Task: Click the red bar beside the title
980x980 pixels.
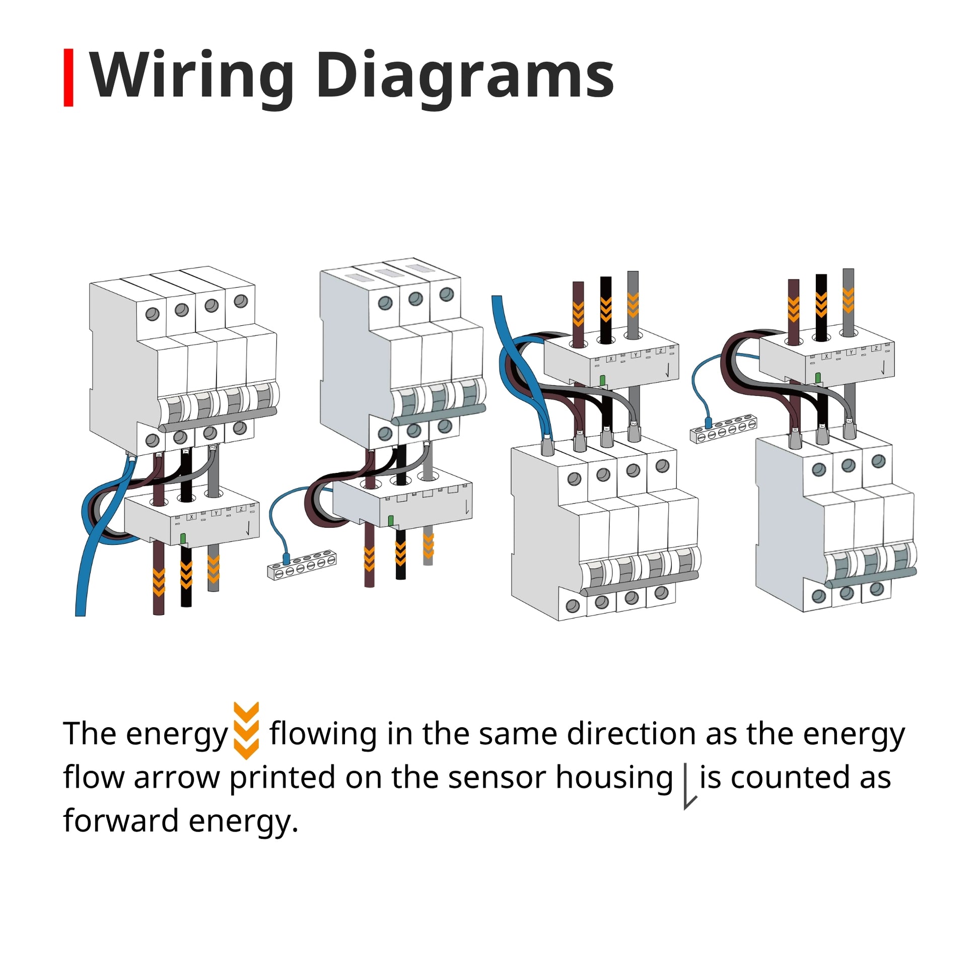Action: point(68,78)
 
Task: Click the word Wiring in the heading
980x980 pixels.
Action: point(192,76)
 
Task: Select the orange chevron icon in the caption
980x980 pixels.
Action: point(247,730)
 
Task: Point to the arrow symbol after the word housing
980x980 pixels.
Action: point(689,789)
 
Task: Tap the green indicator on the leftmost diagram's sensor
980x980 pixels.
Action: point(183,538)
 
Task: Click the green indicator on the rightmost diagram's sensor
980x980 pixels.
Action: point(818,377)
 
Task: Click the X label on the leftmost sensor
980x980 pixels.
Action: point(191,517)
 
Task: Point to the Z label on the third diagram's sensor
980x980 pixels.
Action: point(660,351)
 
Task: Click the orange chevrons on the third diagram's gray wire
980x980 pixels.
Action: point(633,304)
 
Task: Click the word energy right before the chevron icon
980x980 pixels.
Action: point(177,734)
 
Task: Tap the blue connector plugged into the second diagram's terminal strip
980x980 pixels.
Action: point(286,559)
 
